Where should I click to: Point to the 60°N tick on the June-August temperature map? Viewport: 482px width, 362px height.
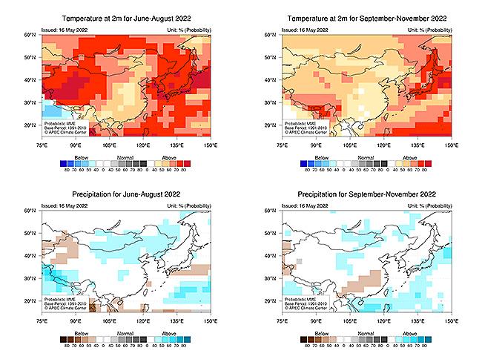click(x=32, y=35)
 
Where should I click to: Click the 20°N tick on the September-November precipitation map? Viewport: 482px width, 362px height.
click(x=272, y=301)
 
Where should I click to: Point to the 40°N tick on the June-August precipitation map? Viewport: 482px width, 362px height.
click(x=32, y=257)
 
